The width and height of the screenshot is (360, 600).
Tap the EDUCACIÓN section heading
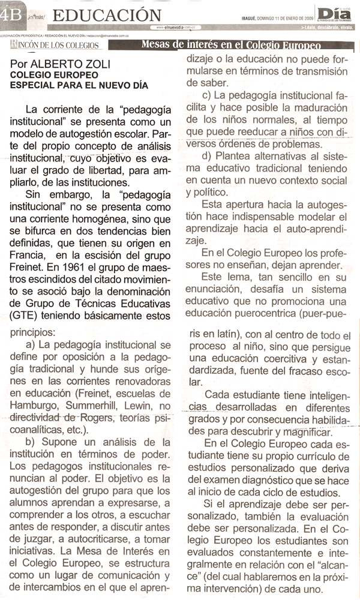(x=111, y=14)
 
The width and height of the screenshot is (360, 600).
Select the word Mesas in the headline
(x=158, y=45)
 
